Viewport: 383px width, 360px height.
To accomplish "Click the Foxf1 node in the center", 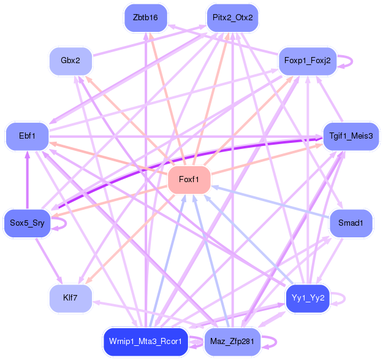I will (189, 180).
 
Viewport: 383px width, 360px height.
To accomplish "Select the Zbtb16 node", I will (145, 17).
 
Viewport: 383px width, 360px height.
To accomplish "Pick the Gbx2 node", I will (70, 61).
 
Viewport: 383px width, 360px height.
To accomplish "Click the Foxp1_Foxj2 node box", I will (308, 61).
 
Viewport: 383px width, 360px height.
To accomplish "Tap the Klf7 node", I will (70, 299).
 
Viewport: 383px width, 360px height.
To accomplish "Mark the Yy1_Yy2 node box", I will (308, 299).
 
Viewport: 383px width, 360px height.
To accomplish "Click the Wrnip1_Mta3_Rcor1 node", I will (145, 342).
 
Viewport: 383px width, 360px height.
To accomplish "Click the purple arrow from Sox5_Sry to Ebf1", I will (27, 181).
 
